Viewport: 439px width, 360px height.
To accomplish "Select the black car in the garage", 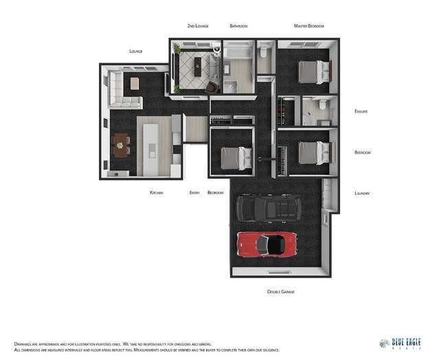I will [269, 207].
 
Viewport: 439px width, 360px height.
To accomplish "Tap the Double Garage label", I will [280, 292].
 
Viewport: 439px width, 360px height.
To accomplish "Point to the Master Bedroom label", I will [308, 26].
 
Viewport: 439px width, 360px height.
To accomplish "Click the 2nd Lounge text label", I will [197, 26].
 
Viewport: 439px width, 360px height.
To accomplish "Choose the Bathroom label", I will [238, 26].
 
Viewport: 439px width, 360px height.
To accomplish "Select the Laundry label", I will [362, 193].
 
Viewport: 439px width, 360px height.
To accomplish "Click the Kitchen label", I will [156, 193].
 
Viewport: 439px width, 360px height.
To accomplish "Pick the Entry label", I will [194, 193].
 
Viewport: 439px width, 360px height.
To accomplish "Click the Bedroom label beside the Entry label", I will [216, 193].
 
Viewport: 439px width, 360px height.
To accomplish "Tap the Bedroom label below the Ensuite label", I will [363, 153].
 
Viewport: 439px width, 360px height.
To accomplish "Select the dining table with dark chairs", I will [121, 144].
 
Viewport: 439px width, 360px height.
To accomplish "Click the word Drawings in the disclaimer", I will [25, 344].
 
